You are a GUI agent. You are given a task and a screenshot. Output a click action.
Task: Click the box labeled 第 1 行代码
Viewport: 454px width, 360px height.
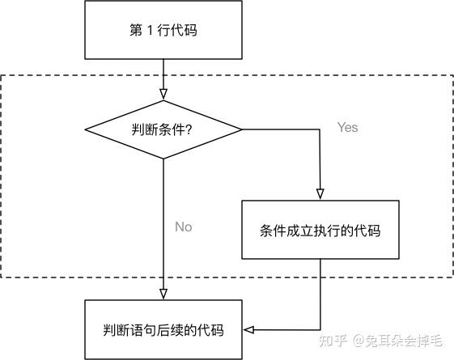click(x=163, y=30)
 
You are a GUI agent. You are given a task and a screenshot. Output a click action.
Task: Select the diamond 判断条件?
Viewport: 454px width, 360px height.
click(x=163, y=129)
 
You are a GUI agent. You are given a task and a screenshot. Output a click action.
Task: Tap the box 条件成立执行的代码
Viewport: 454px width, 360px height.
click(x=320, y=230)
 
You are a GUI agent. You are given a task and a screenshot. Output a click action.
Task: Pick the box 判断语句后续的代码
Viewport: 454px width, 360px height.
click(x=163, y=329)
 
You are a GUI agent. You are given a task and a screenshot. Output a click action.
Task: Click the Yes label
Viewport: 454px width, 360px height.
click(x=347, y=127)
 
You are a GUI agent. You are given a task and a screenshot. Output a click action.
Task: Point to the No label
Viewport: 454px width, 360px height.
click(x=184, y=227)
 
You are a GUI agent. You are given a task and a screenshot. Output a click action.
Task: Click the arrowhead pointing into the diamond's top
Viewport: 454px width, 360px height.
click(x=163, y=94)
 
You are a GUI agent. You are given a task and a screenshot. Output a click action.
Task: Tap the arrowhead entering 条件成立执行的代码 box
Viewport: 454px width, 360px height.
click(x=320, y=194)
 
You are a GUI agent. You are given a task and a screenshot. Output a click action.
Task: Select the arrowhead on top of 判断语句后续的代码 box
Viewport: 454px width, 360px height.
click(x=163, y=294)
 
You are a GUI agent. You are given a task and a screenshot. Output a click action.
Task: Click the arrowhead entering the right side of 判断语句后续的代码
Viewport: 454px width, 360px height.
click(x=248, y=329)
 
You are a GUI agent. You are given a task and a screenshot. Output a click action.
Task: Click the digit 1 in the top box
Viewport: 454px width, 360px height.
click(x=150, y=30)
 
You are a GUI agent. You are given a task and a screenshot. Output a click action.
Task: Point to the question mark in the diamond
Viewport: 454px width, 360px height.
click(x=189, y=129)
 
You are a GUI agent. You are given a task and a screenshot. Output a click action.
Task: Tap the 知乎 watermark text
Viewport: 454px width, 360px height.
click(x=333, y=341)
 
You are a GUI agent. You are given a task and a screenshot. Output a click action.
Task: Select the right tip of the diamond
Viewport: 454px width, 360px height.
click(x=242, y=129)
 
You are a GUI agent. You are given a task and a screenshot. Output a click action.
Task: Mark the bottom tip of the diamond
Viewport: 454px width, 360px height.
click(x=163, y=159)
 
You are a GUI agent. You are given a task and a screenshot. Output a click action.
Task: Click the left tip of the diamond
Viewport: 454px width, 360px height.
click(x=85, y=129)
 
